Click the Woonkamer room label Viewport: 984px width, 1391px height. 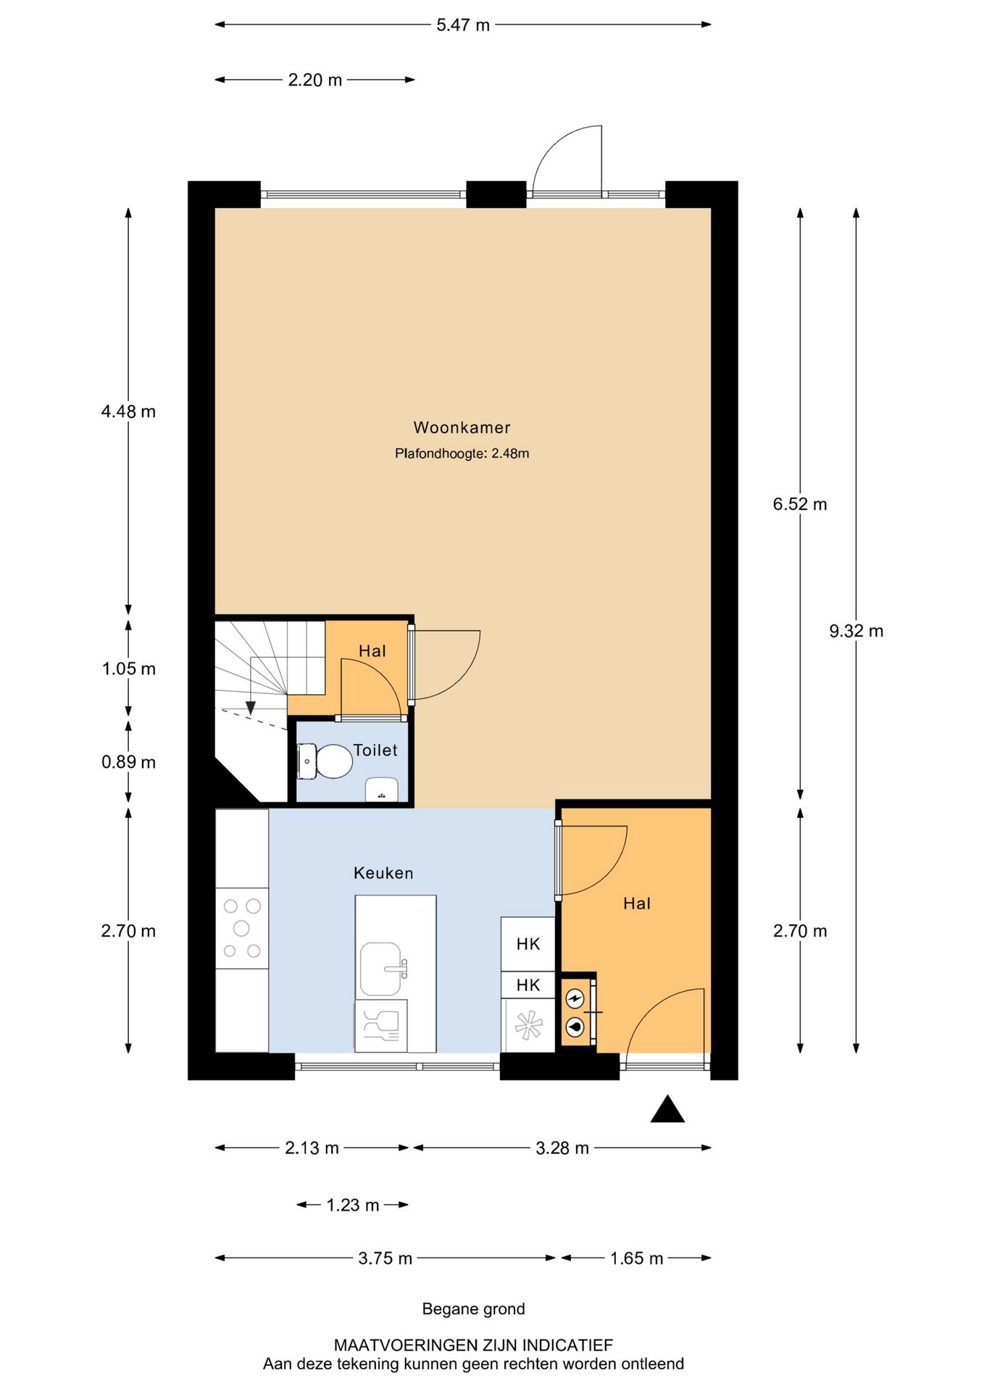(462, 427)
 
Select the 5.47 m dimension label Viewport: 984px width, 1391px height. (463, 25)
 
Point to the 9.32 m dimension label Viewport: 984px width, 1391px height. (856, 631)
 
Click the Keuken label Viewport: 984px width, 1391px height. (383, 873)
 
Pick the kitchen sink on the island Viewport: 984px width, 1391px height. (383, 969)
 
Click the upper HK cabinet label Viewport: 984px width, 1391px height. (528, 944)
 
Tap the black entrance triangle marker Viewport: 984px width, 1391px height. (667, 1109)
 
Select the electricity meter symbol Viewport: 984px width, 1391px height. (575, 1000)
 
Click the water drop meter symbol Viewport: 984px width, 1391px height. (575, 1027)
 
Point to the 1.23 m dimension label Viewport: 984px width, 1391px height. (353, 1205)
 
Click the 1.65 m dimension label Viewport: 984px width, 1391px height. (636, 1258)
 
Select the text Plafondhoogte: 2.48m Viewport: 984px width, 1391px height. (462, 454)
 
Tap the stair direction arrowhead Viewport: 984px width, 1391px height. (251, 708)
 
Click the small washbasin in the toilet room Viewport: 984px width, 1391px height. (381, 790)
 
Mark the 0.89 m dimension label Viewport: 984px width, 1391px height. (128, 762)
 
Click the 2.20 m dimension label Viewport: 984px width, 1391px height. (315, 80)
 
